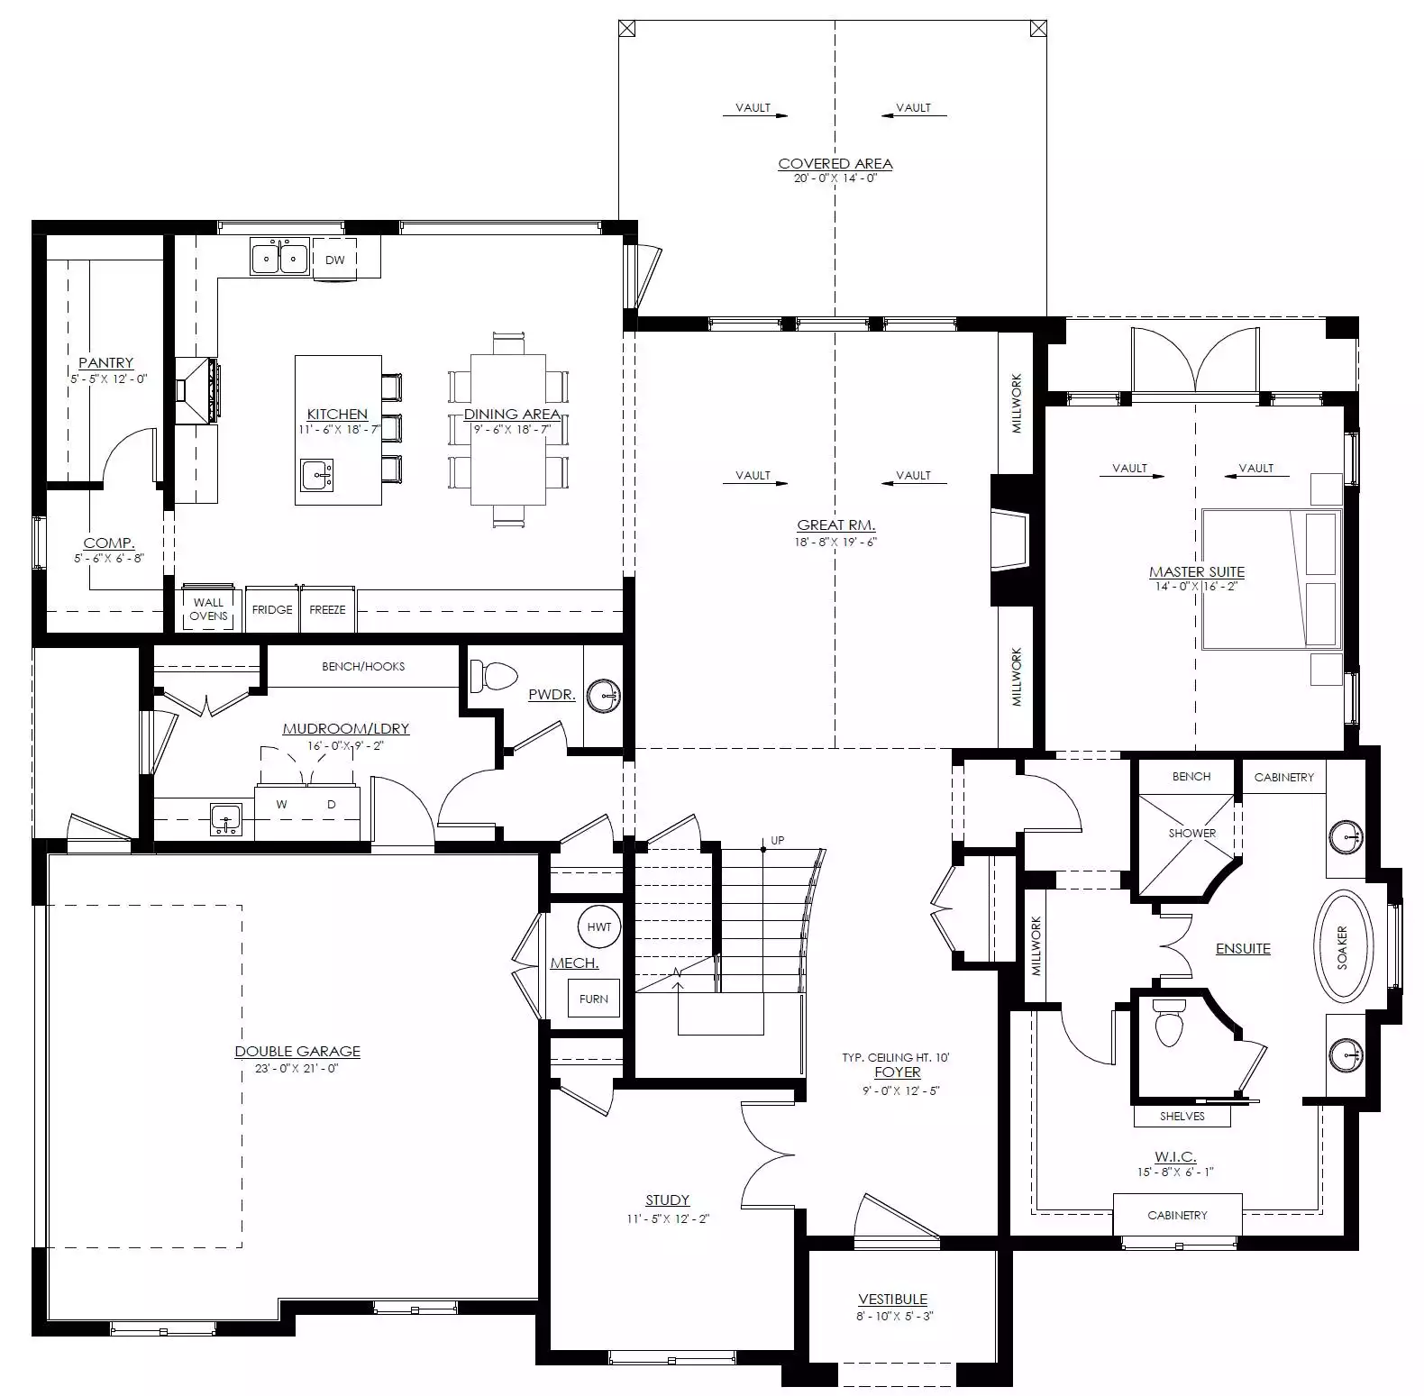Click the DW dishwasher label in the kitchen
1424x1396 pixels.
tap(334, 260)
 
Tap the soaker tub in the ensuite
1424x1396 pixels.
tap(1343, 946)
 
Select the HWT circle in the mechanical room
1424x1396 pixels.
tap(598, 926)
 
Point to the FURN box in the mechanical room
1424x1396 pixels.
tap(594, 999)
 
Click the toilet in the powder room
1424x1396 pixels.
tap(494, 675)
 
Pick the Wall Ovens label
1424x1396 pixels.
tap(208, 609)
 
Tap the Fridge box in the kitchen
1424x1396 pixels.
tap(272, 609)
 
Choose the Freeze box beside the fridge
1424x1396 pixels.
tap(327, 609)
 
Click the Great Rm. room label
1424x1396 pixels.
tap(836, 525)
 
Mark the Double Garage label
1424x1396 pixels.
tap(297, 1051)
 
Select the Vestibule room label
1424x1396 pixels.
tap(892, 1299)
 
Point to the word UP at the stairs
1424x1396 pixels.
tap(778, 840)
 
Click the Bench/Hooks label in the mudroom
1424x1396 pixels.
tap(363, 666)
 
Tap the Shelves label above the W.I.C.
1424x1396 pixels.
tap(1182, 1116)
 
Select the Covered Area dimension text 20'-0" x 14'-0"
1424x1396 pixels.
tap(835, 178)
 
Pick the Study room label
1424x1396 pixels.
tap(667, 1200)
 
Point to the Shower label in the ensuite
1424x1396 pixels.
tap(1192, 833)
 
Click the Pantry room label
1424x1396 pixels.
tap(105, 362)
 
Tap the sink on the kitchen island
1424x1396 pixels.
tap(316, 474)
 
